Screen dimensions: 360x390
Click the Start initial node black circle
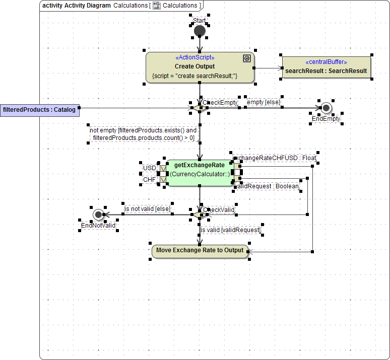click(200, 31)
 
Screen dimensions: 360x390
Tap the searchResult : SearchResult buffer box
click(326, 71)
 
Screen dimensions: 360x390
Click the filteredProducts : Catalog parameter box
click(39, 109)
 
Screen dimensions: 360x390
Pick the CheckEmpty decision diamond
click(200, 107)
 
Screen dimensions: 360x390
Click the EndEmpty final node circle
click(326, 108)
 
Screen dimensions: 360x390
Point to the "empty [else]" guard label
click(264, 102)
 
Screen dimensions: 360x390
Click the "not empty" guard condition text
click(144, 134)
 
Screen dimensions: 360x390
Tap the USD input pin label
click(150, 168)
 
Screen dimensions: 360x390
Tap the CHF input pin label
click(150, 179)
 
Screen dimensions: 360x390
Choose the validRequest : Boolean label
click(267, 186)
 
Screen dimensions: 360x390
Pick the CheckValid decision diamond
click(200, 214)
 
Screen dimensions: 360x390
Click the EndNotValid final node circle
click(98, 214)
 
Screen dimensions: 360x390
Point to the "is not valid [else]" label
click(148, 208)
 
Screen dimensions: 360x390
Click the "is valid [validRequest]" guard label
click(231, 230)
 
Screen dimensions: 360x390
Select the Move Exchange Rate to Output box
click(200, 251)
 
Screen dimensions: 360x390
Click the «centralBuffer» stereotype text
click(326, 62)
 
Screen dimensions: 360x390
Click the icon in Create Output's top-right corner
click(247, 58)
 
